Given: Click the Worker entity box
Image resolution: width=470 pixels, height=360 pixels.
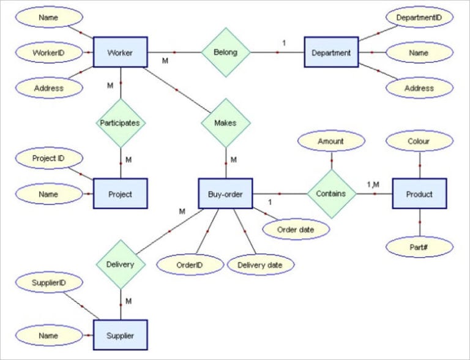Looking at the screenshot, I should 120,52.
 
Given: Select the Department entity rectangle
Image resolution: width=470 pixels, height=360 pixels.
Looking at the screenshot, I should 331,53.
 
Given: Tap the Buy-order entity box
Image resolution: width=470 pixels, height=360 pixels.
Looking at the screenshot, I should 226,194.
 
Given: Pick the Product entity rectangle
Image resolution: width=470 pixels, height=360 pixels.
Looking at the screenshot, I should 419,194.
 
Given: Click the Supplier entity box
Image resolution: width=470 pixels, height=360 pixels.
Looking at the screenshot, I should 120,335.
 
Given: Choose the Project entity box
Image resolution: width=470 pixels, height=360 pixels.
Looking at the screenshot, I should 120,194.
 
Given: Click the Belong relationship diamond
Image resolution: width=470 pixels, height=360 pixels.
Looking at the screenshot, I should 226,53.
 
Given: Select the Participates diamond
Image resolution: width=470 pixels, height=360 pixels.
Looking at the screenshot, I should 121,122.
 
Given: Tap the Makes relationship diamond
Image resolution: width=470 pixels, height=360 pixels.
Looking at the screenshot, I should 226,122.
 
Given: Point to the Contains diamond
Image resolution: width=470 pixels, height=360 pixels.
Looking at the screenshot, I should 331,193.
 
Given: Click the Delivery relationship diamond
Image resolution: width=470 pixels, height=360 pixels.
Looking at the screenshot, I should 121,264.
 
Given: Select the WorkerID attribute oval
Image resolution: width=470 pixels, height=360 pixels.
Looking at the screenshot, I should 48,53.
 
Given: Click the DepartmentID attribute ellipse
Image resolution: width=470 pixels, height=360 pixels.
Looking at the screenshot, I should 419,18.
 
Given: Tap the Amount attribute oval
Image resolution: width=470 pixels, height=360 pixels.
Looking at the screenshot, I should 331,141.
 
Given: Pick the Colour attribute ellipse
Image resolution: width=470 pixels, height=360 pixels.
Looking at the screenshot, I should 419,141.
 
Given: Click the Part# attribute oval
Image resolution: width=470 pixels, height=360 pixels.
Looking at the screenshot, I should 419,247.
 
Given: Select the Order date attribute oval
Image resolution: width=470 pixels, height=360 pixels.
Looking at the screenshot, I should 296,230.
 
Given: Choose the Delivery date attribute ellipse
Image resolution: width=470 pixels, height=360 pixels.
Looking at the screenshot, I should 261,264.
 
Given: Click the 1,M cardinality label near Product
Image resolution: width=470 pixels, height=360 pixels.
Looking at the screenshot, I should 373,184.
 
